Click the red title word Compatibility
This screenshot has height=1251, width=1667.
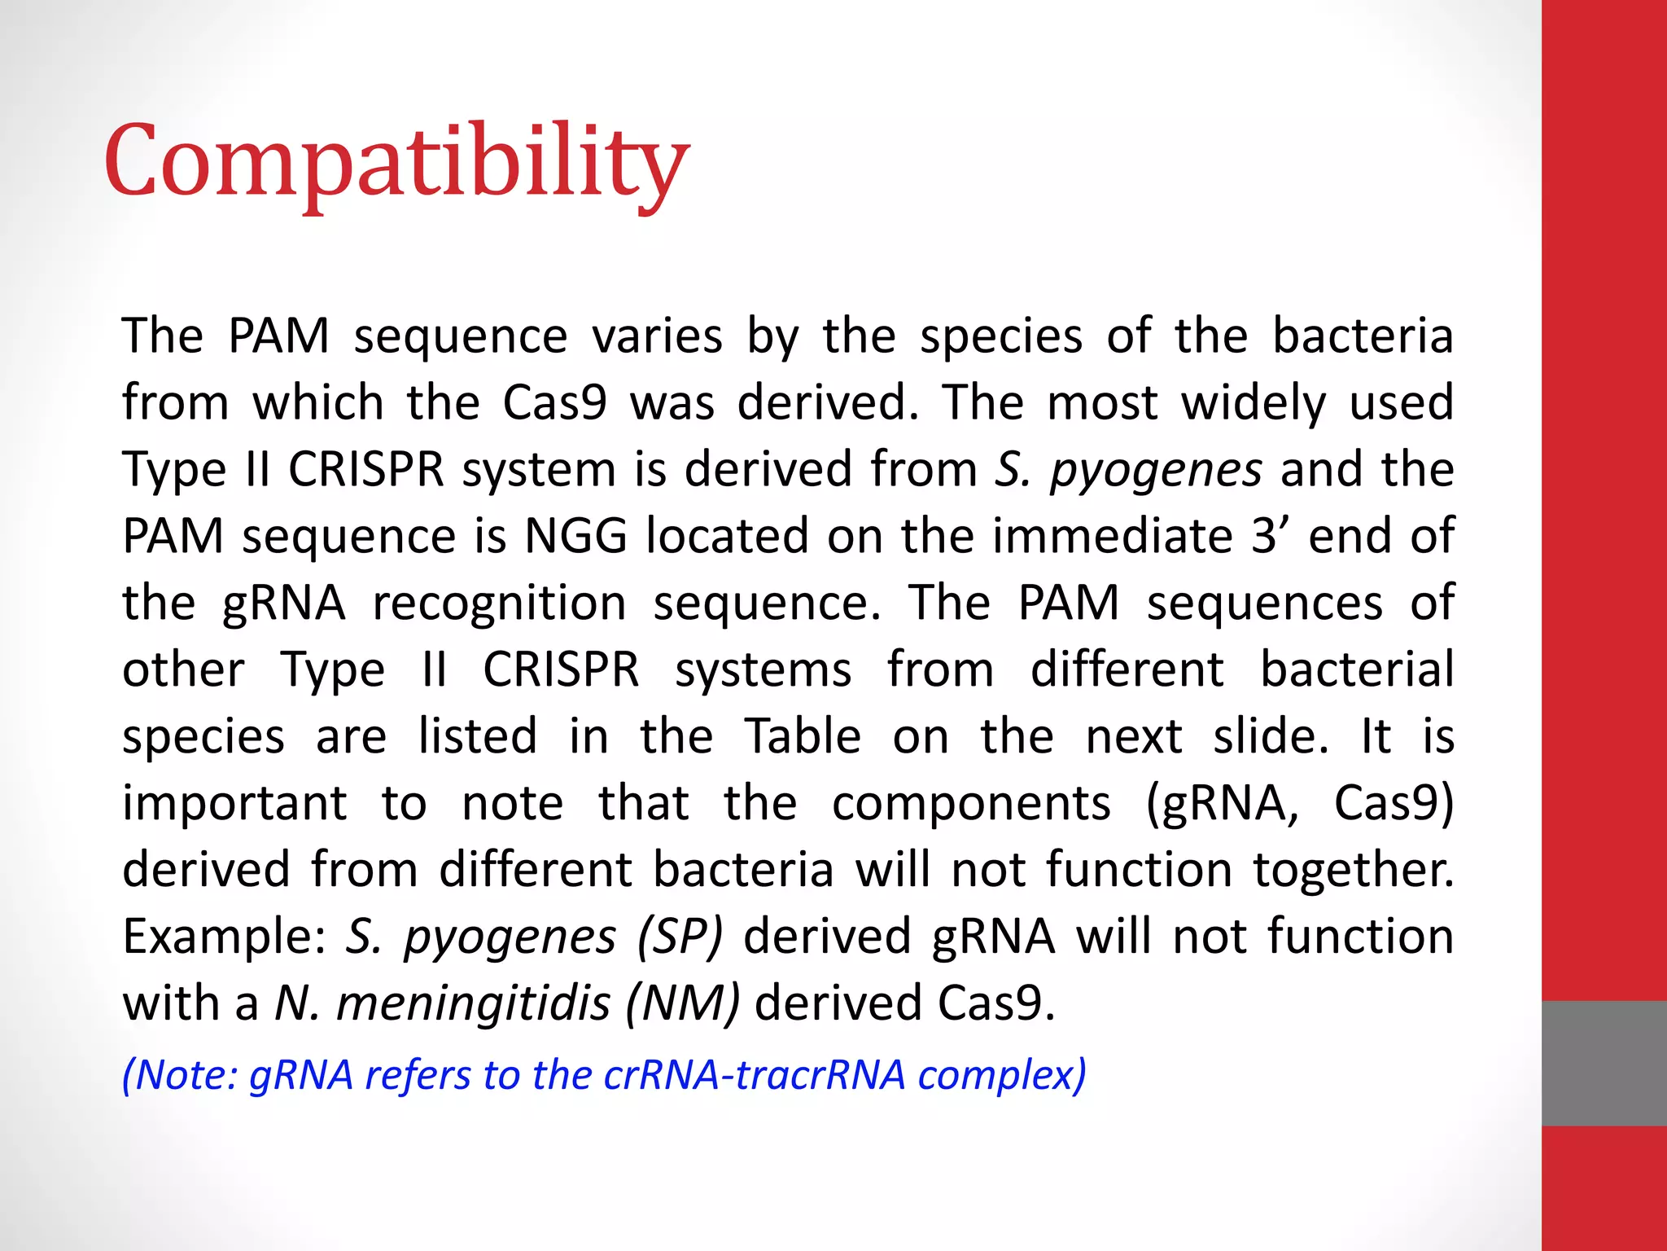tap(396, 160)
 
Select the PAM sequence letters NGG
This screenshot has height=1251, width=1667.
tap(575, 536)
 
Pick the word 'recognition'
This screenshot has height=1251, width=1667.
tap(499, 604)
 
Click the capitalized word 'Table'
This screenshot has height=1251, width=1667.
tap(803, 737)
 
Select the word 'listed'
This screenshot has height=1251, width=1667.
tap(478, 737)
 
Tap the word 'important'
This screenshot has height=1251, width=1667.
tap(234, 805)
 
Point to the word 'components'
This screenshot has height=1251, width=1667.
tap(971, 805)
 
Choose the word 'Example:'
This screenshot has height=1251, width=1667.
tap(224, 937)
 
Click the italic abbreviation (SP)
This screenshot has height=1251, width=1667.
tap(680, 937)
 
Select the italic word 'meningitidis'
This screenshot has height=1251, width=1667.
tap(473, 1003)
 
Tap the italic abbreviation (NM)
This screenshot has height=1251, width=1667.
tap(682, 1003)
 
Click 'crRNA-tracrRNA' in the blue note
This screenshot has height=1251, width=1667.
tap(755, 1075)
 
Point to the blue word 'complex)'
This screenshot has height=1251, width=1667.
tap(1002, 1075)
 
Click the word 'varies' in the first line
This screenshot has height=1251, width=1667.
tap(657, 336)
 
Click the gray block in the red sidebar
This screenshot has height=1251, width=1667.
tap(1604, 1063)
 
